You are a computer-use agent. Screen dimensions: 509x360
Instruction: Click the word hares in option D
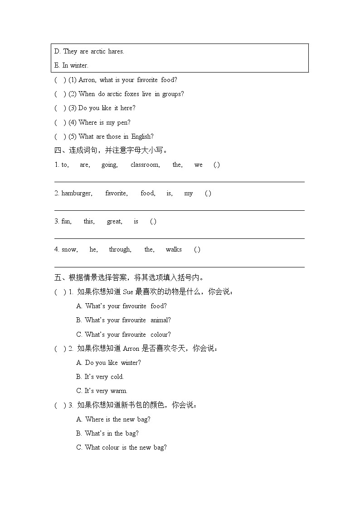click(116, 51)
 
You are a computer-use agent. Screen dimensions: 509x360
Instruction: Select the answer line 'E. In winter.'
click(71, 65)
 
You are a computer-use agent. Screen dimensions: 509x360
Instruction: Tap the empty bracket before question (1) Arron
click(60, 80)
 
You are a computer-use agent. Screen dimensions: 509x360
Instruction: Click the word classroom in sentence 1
click(145, 165)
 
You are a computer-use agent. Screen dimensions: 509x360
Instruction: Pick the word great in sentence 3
click(114, 222)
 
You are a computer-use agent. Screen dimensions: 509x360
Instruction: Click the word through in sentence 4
click(120, 250)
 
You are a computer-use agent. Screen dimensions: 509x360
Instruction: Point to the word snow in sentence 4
click(69, 250)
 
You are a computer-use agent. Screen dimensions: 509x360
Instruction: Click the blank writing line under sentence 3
click(179, 238)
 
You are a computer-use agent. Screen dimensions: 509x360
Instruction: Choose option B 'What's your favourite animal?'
click(123, 320)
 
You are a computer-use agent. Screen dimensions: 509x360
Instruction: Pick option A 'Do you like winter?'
click(108, 363)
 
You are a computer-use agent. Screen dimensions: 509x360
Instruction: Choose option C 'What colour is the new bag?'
click(122, 447)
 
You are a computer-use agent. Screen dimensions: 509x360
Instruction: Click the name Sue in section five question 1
click(128, 292)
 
